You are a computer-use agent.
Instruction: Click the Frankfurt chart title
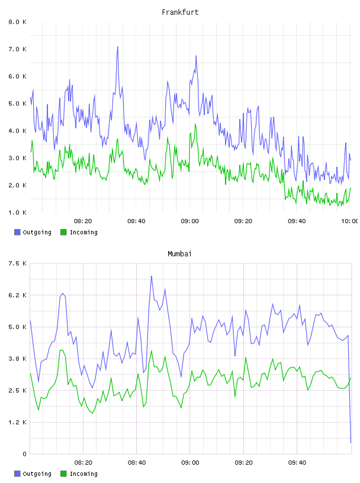[180, 12]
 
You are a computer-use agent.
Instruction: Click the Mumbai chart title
[179, 254]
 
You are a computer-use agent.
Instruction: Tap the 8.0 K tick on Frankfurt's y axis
[18, 22]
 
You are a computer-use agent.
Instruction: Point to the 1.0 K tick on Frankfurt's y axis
[18, 212]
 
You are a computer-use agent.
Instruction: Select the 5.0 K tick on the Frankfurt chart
[18, 104]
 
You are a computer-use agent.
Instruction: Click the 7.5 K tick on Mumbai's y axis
[18, 263]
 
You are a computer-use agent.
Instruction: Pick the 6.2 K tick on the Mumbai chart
[18, 295]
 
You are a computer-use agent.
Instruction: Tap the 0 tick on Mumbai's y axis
[24, 454]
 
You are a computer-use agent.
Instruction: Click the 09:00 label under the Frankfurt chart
[190, 221]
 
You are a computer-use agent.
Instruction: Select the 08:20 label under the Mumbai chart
[83, 463]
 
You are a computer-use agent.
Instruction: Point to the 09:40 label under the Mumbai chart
[297, 463]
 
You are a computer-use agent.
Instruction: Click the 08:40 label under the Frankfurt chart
[137, 221]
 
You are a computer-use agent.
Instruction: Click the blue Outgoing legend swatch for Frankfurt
[17, 232]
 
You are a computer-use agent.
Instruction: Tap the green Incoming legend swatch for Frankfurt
[63, 232]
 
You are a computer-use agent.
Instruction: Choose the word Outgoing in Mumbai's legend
[37, 474]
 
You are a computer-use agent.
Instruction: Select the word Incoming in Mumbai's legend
[83, 474]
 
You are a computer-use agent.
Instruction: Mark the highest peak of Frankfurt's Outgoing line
[117, 47]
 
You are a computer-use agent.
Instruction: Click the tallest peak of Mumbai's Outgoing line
[152, 276]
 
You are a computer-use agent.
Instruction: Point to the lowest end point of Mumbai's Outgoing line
[351, 443]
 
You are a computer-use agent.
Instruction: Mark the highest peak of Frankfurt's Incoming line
[195, 124]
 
